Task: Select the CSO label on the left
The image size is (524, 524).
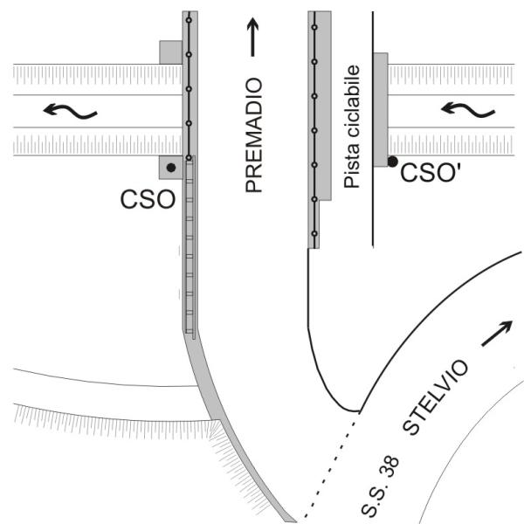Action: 146,201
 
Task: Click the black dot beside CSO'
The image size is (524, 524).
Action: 393,162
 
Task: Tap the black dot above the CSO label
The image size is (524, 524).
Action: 171,167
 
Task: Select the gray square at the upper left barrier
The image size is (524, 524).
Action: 170,52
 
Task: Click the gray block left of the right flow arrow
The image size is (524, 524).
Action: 381,109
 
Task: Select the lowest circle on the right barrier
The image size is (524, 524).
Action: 314,234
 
